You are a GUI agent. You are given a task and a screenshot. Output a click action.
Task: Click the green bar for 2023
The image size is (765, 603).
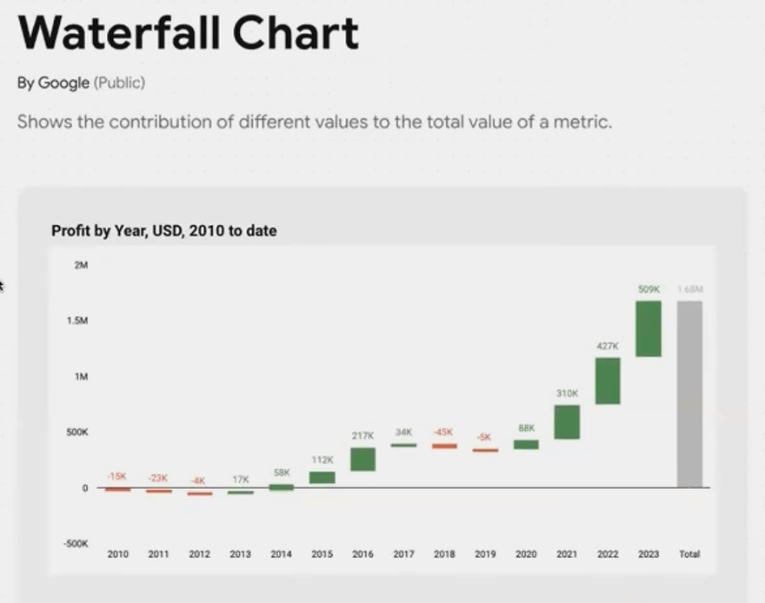[x=649, y=328]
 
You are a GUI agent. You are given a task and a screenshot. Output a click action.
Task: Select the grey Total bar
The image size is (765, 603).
[x=689, y=394]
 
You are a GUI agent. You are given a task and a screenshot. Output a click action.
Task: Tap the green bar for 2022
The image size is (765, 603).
[x=608, y=381]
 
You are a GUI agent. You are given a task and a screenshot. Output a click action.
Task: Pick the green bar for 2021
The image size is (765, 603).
[x=567, y=421]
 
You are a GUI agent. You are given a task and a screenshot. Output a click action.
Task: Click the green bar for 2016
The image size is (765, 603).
[x=363, y=459]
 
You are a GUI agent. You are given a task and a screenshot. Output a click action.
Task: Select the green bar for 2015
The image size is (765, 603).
[x=322, y=477]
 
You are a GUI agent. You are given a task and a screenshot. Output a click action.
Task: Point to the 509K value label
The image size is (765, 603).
[x=649, y=289]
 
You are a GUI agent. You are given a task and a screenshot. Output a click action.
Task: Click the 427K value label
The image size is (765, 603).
[x=608, y=346]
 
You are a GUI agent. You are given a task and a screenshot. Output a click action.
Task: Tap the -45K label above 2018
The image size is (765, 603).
[x=443, y=432]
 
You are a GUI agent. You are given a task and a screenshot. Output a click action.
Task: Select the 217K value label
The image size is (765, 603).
[x=363, y=435]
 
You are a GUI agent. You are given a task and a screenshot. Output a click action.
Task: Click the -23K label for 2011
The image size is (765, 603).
[x=157, y=478]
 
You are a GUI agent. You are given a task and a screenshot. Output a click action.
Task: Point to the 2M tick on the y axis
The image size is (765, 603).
[x=81, y=265]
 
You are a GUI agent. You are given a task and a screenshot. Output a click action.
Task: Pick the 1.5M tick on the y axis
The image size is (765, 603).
[x=77, y=321]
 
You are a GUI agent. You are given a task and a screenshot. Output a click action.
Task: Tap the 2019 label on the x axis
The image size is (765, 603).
[x=485, y=553]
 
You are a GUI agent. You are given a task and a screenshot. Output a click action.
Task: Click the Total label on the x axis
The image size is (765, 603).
[x=689, y=553]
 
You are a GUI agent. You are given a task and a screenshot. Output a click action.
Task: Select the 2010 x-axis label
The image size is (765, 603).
[x=117, y=553]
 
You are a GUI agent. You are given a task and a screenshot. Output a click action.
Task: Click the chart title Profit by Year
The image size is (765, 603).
[x=163, y=231]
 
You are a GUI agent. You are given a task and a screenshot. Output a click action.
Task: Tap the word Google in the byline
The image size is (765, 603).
[x=63, y=83]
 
